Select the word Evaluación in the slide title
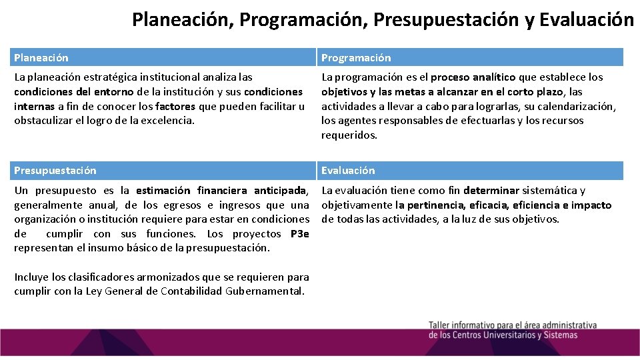587,20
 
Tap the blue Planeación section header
41,58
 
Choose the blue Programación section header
356,58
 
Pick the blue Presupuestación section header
55,171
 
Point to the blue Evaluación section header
348,171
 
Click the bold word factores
175,106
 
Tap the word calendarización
579,106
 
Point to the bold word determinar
491,191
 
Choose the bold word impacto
591,205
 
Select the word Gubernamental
265,291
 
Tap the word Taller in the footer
441,325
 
